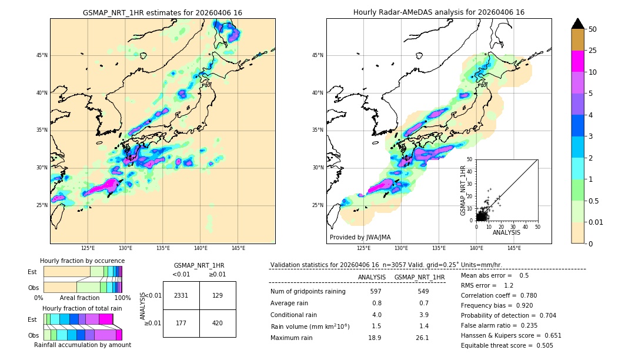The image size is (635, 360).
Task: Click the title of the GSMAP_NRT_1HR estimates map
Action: (162, 12)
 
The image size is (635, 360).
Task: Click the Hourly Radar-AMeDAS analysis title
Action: (439, 12)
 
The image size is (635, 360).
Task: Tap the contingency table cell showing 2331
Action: (181, 295)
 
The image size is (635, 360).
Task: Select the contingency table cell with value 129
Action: (218, 295)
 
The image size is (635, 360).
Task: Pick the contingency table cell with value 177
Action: (181, 323)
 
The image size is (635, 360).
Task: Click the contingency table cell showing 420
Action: (218, 323)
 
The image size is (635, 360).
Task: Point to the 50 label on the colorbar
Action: (593, 29)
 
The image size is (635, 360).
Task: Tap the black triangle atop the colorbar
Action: (578, 24)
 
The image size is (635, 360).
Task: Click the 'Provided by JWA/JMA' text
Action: (360, 238)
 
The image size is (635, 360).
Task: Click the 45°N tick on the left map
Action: (42, 55)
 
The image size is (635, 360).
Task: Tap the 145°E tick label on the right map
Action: (514, 248)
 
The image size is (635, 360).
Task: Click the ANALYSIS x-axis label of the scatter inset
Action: (506, 233)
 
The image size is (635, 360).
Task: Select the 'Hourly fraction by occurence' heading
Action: (82, 261)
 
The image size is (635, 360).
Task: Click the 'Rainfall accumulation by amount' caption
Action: (82, 345)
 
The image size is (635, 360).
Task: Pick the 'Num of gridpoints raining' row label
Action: (308, 292)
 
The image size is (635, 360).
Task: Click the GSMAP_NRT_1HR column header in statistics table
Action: (419, 277)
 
